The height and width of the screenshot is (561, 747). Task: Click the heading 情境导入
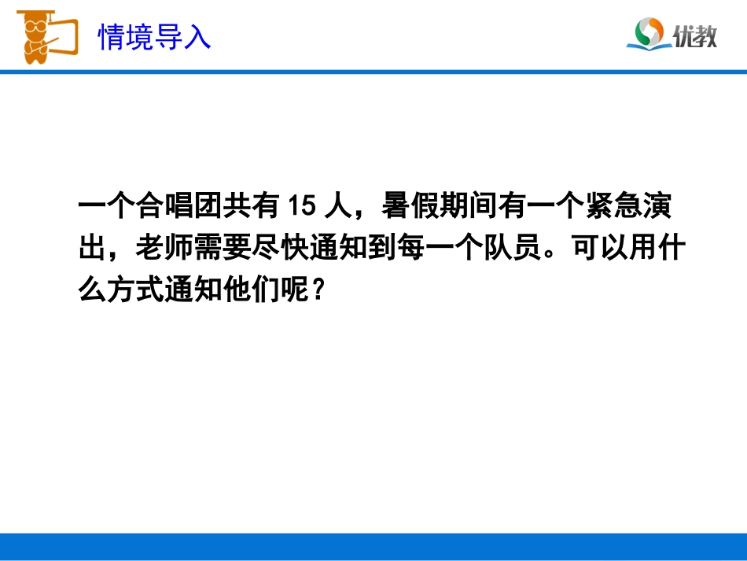coord(154,36)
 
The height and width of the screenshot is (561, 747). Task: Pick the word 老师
coord(164,249)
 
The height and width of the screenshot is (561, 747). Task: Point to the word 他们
coord(248,292)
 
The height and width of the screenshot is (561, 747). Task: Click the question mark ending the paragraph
coord(317,292)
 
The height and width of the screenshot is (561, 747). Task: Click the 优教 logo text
coord(695,35)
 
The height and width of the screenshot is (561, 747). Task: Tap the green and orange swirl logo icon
coord(649,32)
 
